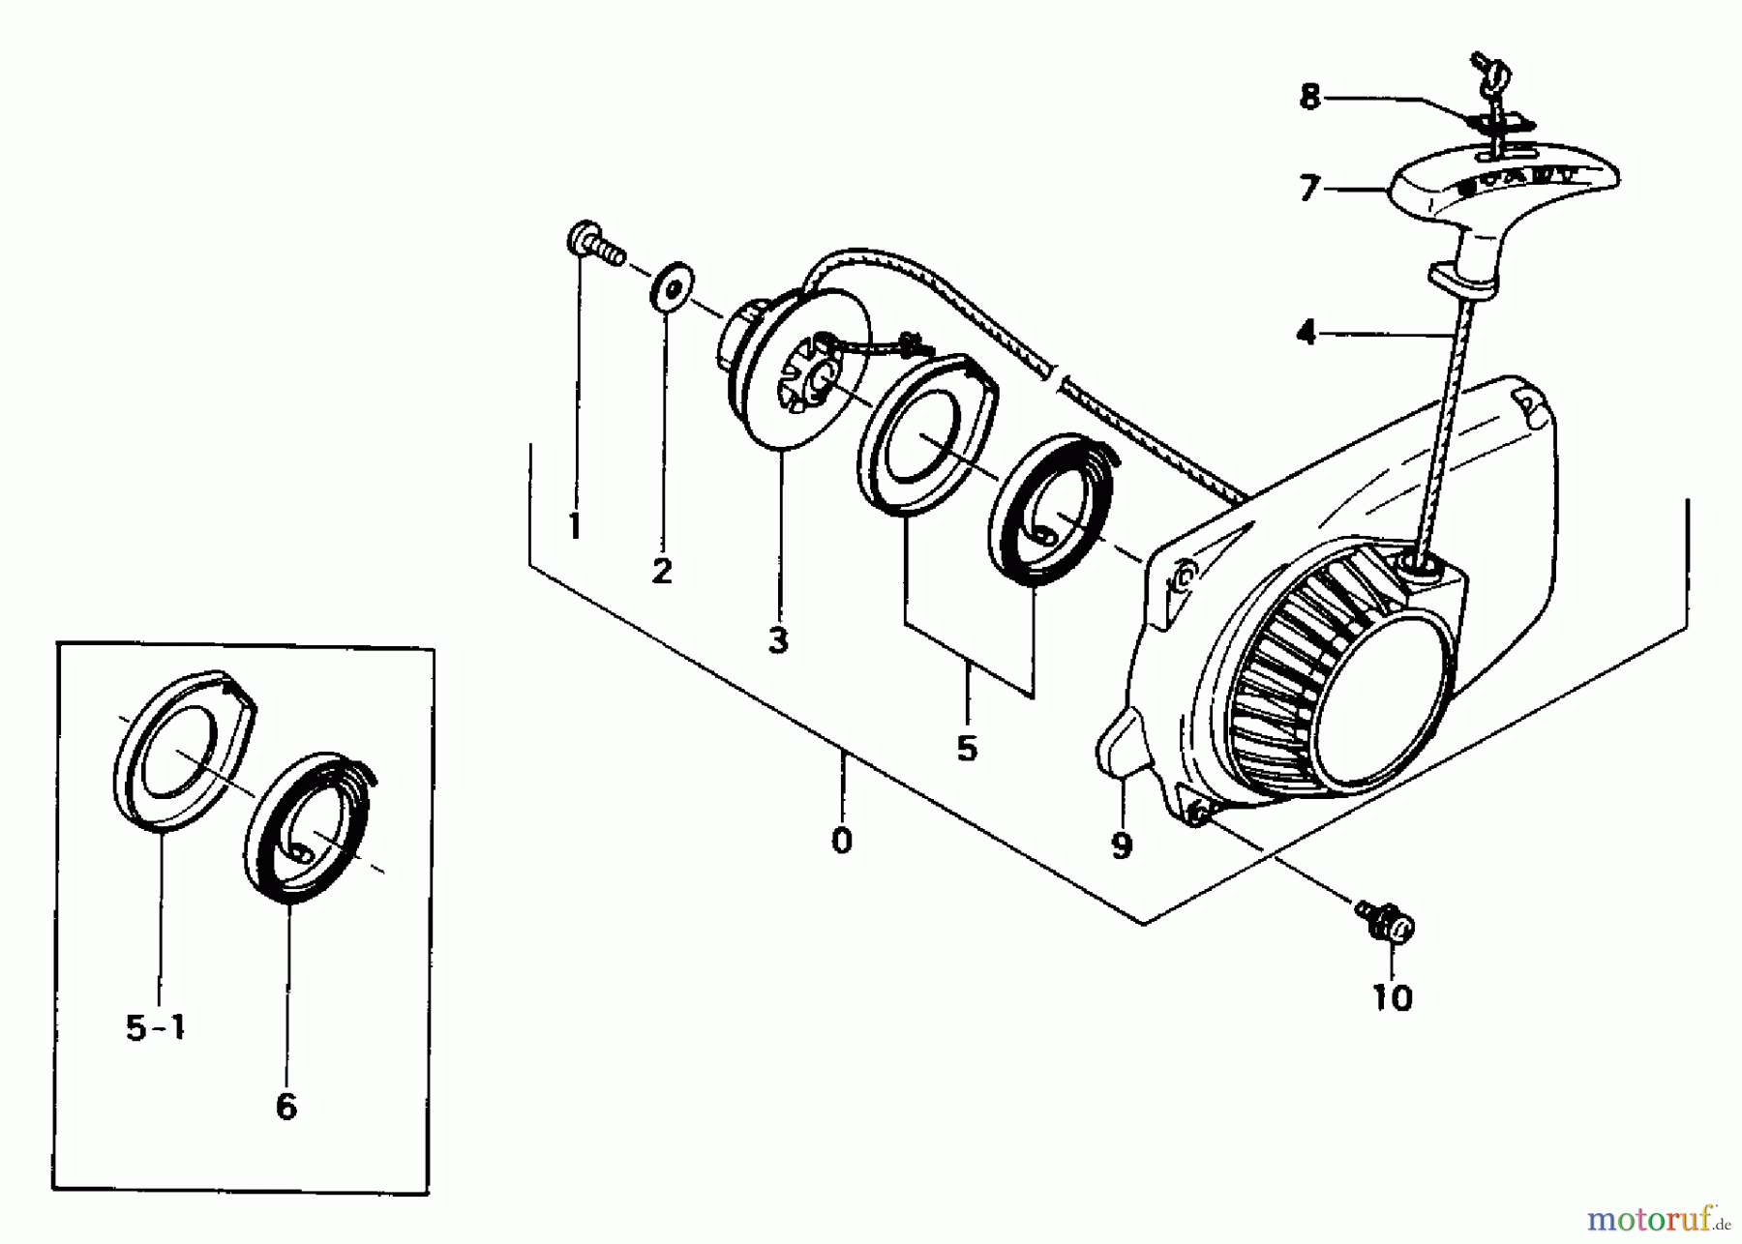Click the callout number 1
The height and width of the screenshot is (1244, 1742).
(x=575, y=526)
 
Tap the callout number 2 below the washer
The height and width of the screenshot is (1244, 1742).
(x=662, y=571)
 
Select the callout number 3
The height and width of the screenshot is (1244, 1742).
(x=779, y=640)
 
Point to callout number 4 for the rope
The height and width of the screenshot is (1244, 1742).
(x=1306, y=334)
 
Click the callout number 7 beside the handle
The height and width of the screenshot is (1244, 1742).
(x=1309, y=188)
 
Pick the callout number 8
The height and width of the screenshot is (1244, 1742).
(x=1309, y=97)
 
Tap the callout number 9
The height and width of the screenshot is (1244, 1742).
(x=1122, y=846)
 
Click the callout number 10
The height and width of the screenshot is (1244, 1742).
(x=1393, y=997)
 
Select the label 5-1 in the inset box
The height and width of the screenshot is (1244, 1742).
(x=156, y=1028)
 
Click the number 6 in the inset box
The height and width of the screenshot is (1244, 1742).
(x=286, y=1107)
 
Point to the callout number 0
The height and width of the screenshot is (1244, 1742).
(x=842, y=841)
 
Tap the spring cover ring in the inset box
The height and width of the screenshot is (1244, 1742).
(x=184, y=751)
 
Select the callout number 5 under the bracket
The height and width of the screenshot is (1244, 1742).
(x=967, y=748)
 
